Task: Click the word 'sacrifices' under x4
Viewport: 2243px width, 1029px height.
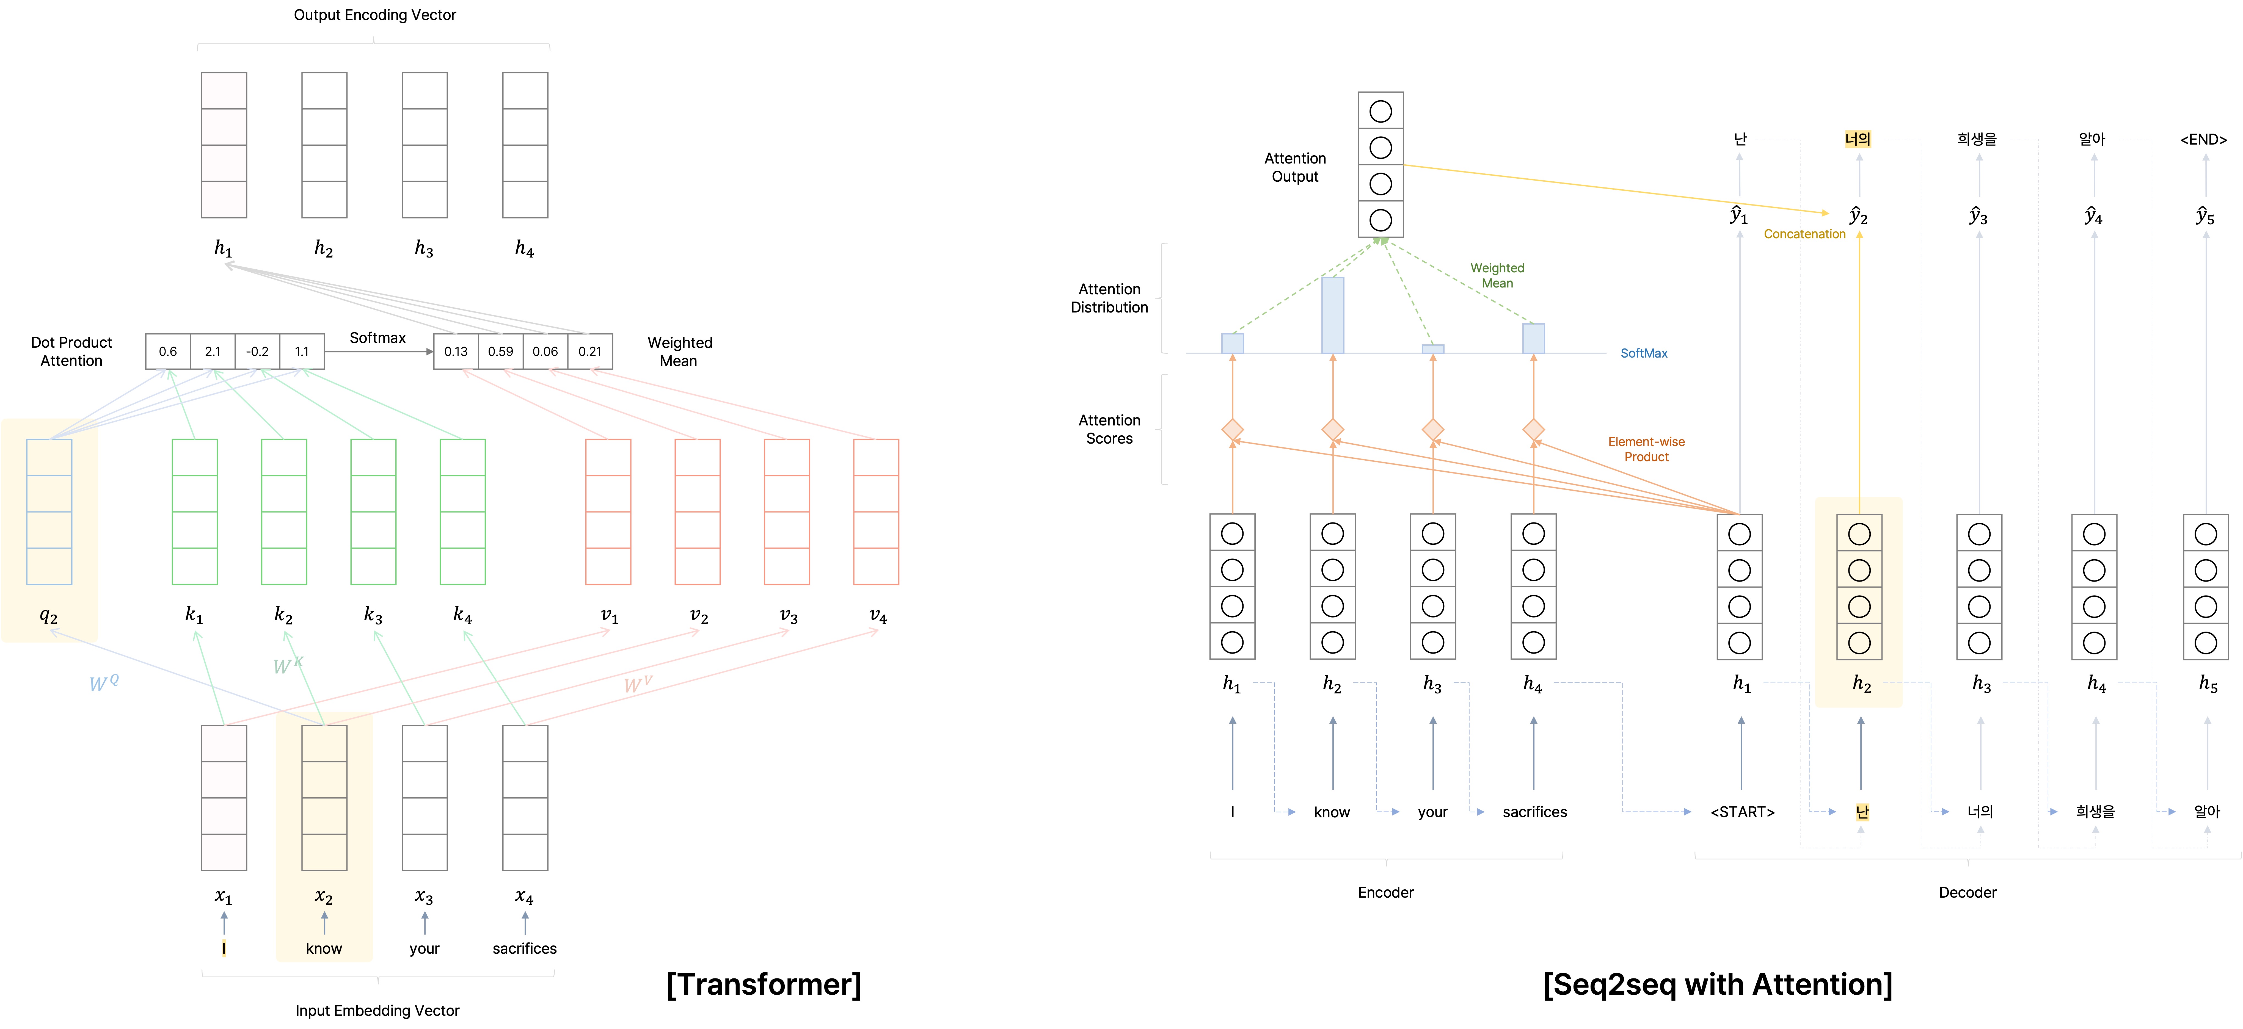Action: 524,948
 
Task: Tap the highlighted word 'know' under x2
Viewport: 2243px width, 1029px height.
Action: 324,948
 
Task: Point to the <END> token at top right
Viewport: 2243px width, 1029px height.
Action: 2203,139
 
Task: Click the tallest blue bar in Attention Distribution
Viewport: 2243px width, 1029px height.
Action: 1332,315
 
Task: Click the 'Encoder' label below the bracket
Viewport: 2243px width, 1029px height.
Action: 1385,892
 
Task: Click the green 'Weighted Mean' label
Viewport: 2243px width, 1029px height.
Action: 1497,275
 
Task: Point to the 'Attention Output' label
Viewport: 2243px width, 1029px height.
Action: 1295,167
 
